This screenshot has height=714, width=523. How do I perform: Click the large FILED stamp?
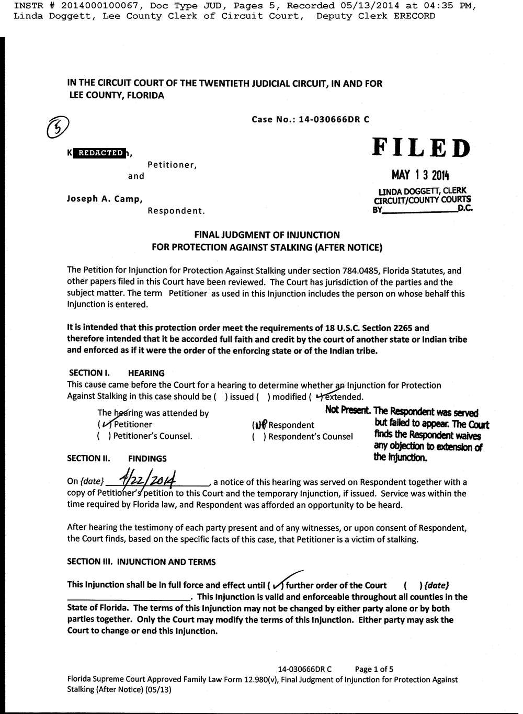coord(421,148)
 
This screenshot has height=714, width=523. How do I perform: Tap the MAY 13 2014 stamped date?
coord(420,175)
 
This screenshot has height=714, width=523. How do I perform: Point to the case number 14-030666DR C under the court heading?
coord(334,119)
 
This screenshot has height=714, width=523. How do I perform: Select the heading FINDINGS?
coord(147,458)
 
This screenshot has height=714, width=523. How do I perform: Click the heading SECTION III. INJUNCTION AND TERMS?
coord(141,562)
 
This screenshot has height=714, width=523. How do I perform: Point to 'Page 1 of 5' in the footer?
coord(374,669)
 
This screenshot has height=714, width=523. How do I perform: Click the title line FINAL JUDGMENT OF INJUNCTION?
coord(267,235)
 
